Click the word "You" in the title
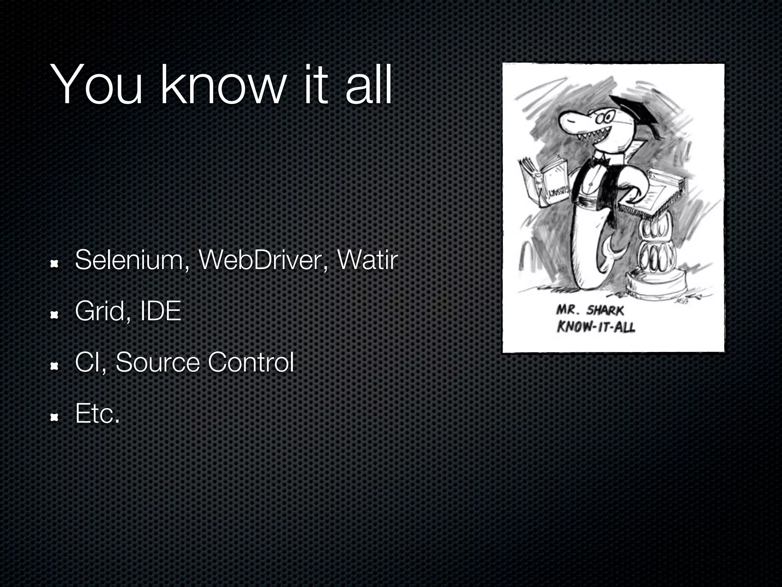[98, 85]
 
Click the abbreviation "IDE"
[160, 312]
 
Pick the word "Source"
[157, 362]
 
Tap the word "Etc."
[98, 413]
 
